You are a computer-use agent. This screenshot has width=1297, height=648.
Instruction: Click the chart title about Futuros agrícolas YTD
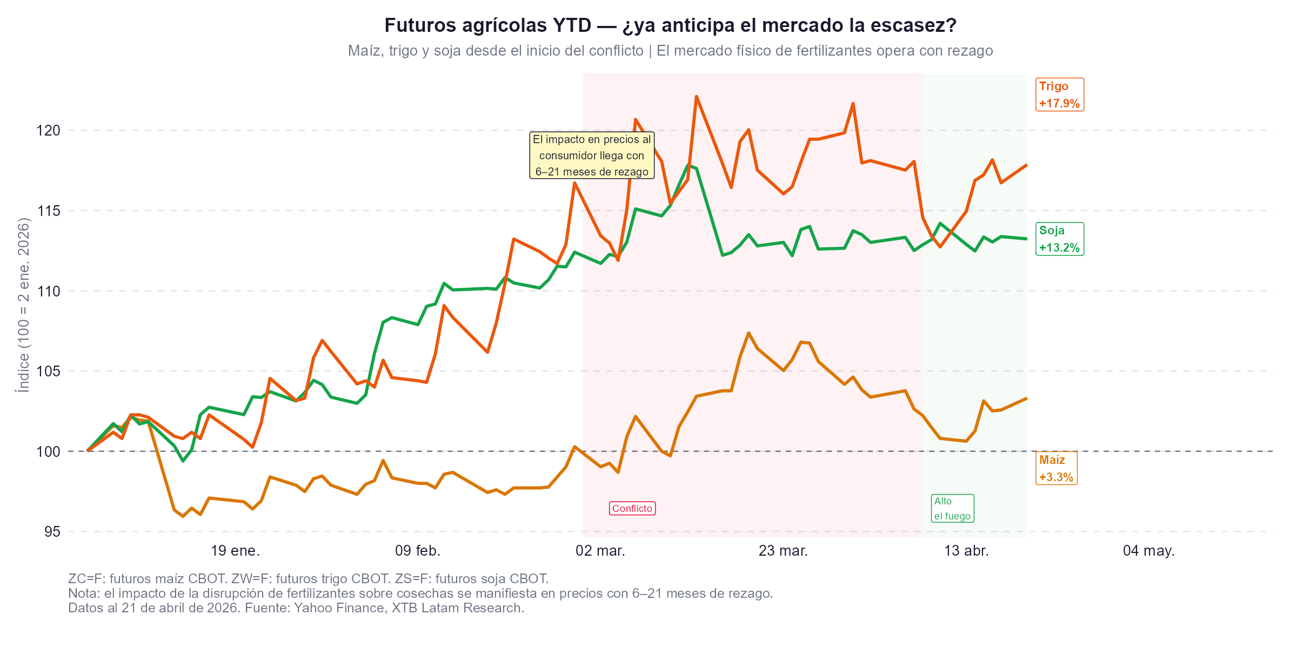click(x=670, y=25)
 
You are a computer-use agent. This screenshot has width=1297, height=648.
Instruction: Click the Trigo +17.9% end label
click(x=1059, y=94)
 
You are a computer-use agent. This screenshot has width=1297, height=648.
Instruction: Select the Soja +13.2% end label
click(x=1059, y=239)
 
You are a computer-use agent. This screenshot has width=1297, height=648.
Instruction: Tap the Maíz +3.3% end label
click(x=1056, y=468)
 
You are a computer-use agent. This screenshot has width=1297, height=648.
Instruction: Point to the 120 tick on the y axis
click(x=48, y=131)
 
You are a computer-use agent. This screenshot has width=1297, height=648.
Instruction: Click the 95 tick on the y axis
click(x=52, y=532)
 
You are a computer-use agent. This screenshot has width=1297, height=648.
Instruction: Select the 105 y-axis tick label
click(x=48, y=372)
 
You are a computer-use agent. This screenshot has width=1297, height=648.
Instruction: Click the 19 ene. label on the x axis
click(x=235, y=551)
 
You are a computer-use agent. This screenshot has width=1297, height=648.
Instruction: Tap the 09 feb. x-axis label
click(x=418, y=551)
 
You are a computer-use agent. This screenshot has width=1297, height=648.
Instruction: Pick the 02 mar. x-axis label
click(x=600, y=551)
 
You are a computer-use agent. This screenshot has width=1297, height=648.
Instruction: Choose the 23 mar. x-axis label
click(x=783, y=551)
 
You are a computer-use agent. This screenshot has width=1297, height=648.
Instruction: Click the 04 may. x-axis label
click(x=1149, y=551)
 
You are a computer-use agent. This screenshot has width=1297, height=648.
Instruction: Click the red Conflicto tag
click(x=632, y=509)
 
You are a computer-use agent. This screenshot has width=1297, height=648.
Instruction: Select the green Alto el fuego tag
click(x=952, y=509)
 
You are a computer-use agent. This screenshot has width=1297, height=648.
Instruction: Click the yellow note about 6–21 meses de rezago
click(x=592, y=156)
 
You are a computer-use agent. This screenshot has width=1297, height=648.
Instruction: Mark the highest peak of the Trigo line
click(x=696, y=97)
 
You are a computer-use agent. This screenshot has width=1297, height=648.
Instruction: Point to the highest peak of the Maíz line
click(x=748, y=333)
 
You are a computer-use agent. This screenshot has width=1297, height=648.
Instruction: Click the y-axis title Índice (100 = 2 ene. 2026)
click(x=24, y=305)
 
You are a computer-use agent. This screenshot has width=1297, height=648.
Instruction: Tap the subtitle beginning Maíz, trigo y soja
click(x=670, y=51)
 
